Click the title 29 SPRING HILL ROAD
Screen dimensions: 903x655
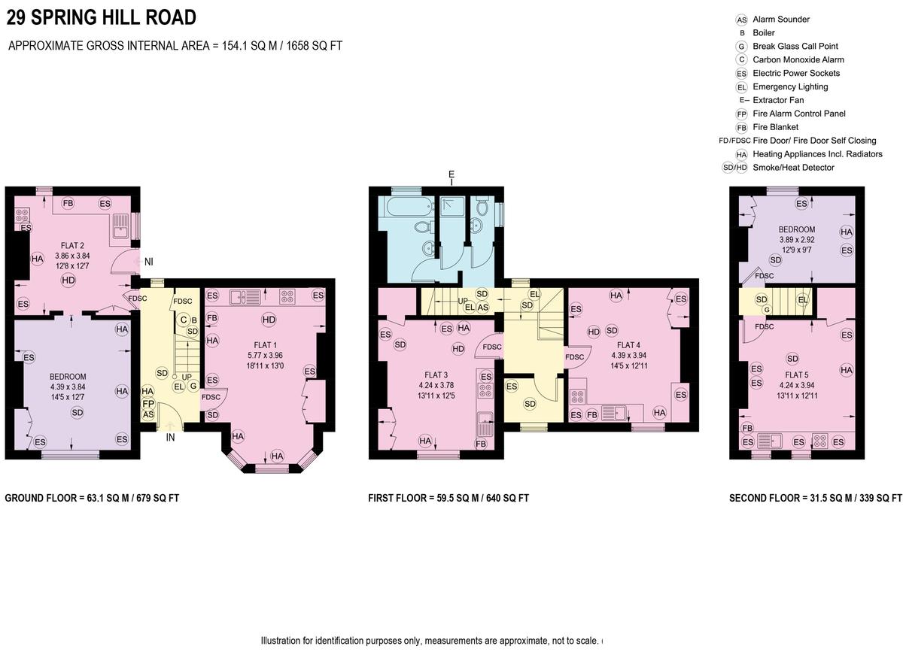pos(101,18)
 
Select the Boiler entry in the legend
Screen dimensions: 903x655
pos(757,32)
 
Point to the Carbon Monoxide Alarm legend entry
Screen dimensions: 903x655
pos(789,59)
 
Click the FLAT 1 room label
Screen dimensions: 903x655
pos(265,345)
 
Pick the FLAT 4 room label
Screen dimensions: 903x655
pos(628,345)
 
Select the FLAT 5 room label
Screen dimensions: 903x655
pos(797,375)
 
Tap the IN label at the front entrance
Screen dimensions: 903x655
pos(171,438)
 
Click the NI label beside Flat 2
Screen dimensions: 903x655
pos(149,262)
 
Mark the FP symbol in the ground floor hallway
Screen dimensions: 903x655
pos(148,404)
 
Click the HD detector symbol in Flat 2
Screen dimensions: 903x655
pos(68,280)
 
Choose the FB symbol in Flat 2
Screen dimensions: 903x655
pos(68,204)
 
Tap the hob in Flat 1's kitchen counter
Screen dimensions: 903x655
pos(287,296)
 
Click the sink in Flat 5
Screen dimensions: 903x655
pos(769,441)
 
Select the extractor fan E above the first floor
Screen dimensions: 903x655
pos(451,177)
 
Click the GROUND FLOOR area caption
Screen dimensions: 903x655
pos(92,498)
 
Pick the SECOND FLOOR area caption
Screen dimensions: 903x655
pos(815,498)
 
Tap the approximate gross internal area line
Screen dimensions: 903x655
pos(175,46)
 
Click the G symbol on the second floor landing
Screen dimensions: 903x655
pos(767,310)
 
